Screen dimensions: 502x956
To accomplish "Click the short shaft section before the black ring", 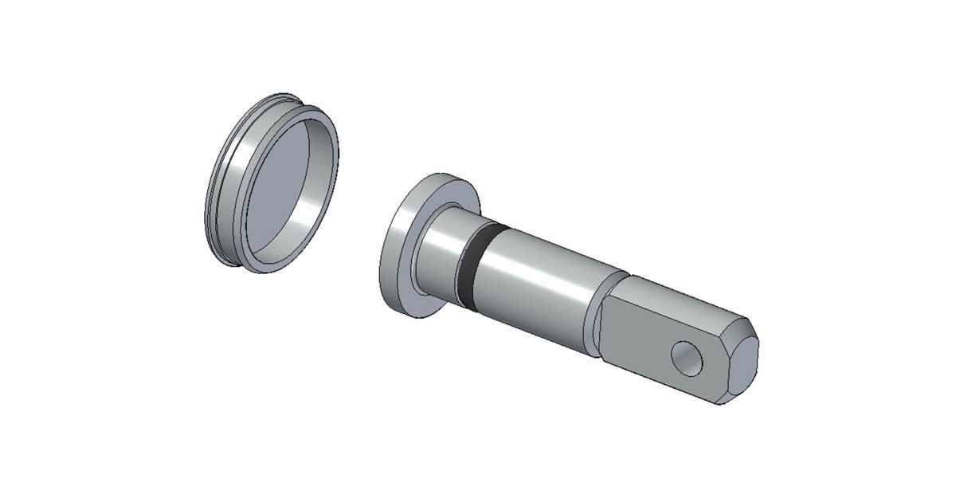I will (442, 255).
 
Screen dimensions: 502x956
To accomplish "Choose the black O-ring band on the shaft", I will (474, 267).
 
